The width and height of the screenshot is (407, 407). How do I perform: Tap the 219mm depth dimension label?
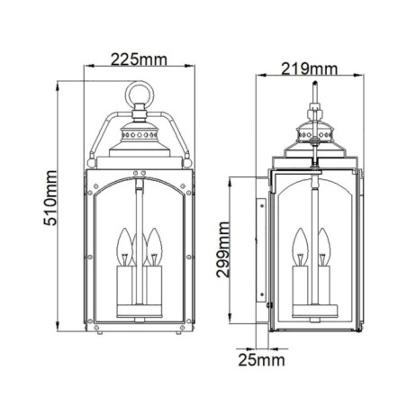point(310,68)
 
